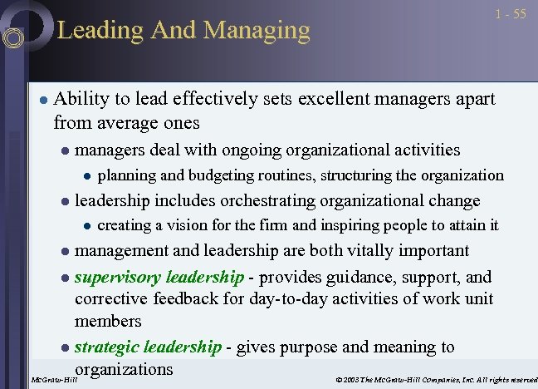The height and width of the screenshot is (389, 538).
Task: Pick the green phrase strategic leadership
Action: pos(149,347)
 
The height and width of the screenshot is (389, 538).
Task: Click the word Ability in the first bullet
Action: pos(81,99)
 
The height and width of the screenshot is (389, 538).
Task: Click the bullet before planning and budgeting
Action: pos(86,175)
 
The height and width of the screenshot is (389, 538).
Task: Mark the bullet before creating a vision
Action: pos(86,225)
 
